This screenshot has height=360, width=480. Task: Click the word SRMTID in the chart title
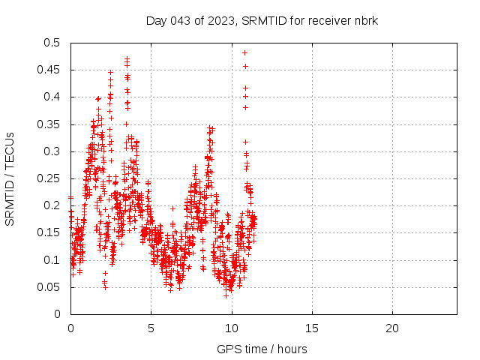pos(263,21)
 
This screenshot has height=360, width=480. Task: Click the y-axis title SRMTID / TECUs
pos(10,178)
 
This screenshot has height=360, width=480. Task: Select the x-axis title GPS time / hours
pos(262,349)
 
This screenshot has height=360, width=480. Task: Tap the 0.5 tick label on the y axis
pos(52,43)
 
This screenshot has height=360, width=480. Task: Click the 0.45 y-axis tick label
pos(49,70)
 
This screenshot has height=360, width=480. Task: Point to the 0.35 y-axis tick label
pos(49,124)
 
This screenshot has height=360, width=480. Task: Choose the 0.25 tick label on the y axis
pos(49,178)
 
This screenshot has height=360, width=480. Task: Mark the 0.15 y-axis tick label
pos(49,232)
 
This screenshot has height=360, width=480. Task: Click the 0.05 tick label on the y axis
pos(49,287)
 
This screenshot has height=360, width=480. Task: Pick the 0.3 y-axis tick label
pos(52,151)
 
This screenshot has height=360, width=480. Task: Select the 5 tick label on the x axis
pos(151,328)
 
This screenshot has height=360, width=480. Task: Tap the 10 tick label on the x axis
pos(231,328)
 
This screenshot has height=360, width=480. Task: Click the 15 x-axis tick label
pos(311,328)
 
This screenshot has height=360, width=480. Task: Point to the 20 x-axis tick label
pos(391,328)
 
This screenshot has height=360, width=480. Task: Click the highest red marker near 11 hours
pos(245,52)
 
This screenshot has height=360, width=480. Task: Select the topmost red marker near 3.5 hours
pos(127,58)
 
